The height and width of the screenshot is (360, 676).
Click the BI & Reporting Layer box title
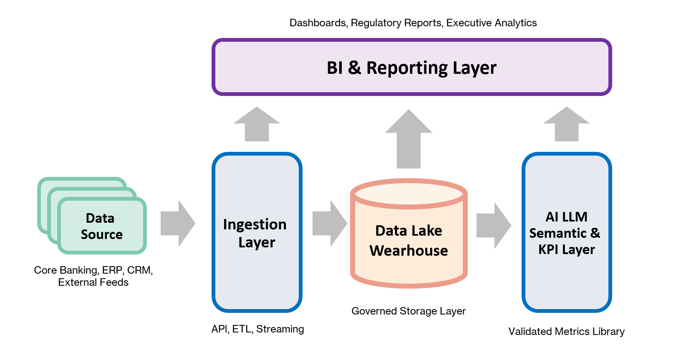point(411,68)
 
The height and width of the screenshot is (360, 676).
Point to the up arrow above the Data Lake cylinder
point(409,140)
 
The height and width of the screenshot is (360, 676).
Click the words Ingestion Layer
point(255,233)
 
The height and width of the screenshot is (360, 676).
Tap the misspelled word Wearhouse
point(409,251)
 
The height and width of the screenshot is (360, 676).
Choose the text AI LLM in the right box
point(566,217)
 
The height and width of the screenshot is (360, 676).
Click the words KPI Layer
point(566,249)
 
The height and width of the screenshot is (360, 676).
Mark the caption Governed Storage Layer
point(408,311)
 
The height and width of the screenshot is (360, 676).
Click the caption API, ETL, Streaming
point(257,329)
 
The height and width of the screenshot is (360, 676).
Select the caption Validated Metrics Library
point(566,331)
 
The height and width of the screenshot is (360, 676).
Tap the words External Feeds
point(93,282)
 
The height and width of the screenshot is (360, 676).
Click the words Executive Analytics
point(491,23)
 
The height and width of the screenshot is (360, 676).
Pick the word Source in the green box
point(101,234)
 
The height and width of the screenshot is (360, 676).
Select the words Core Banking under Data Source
point(66,270)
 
